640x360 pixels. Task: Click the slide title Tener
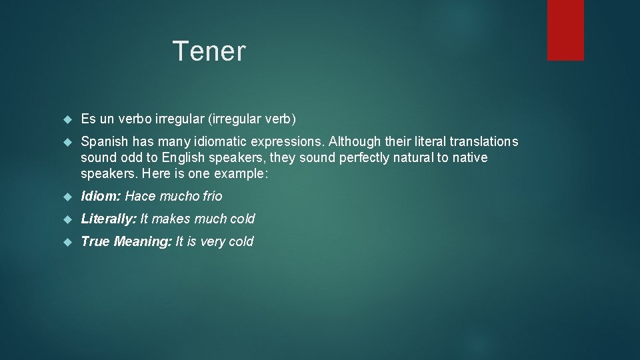pyautogui.click(x=209, y=51)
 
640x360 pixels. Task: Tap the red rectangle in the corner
pyautogui.click(x=565, y=30)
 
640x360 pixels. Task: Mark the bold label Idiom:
pyautogui.click(x=101, y=196)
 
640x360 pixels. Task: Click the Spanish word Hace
pyautogui.click(x=140, y=196)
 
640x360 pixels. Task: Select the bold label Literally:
pyautogui.click(x=108, y=219)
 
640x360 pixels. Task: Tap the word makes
pyautogui.click(x=171, y=219)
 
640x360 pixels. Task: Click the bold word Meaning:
pyautogui.click(x=143, y=241)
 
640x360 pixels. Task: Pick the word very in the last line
pyautogui.click(x=213, y=241)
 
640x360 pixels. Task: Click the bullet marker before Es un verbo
pyautogui.click(x=66, y=120)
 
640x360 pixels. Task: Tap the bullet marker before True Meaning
pyautogui.click(x=66, y=242)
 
